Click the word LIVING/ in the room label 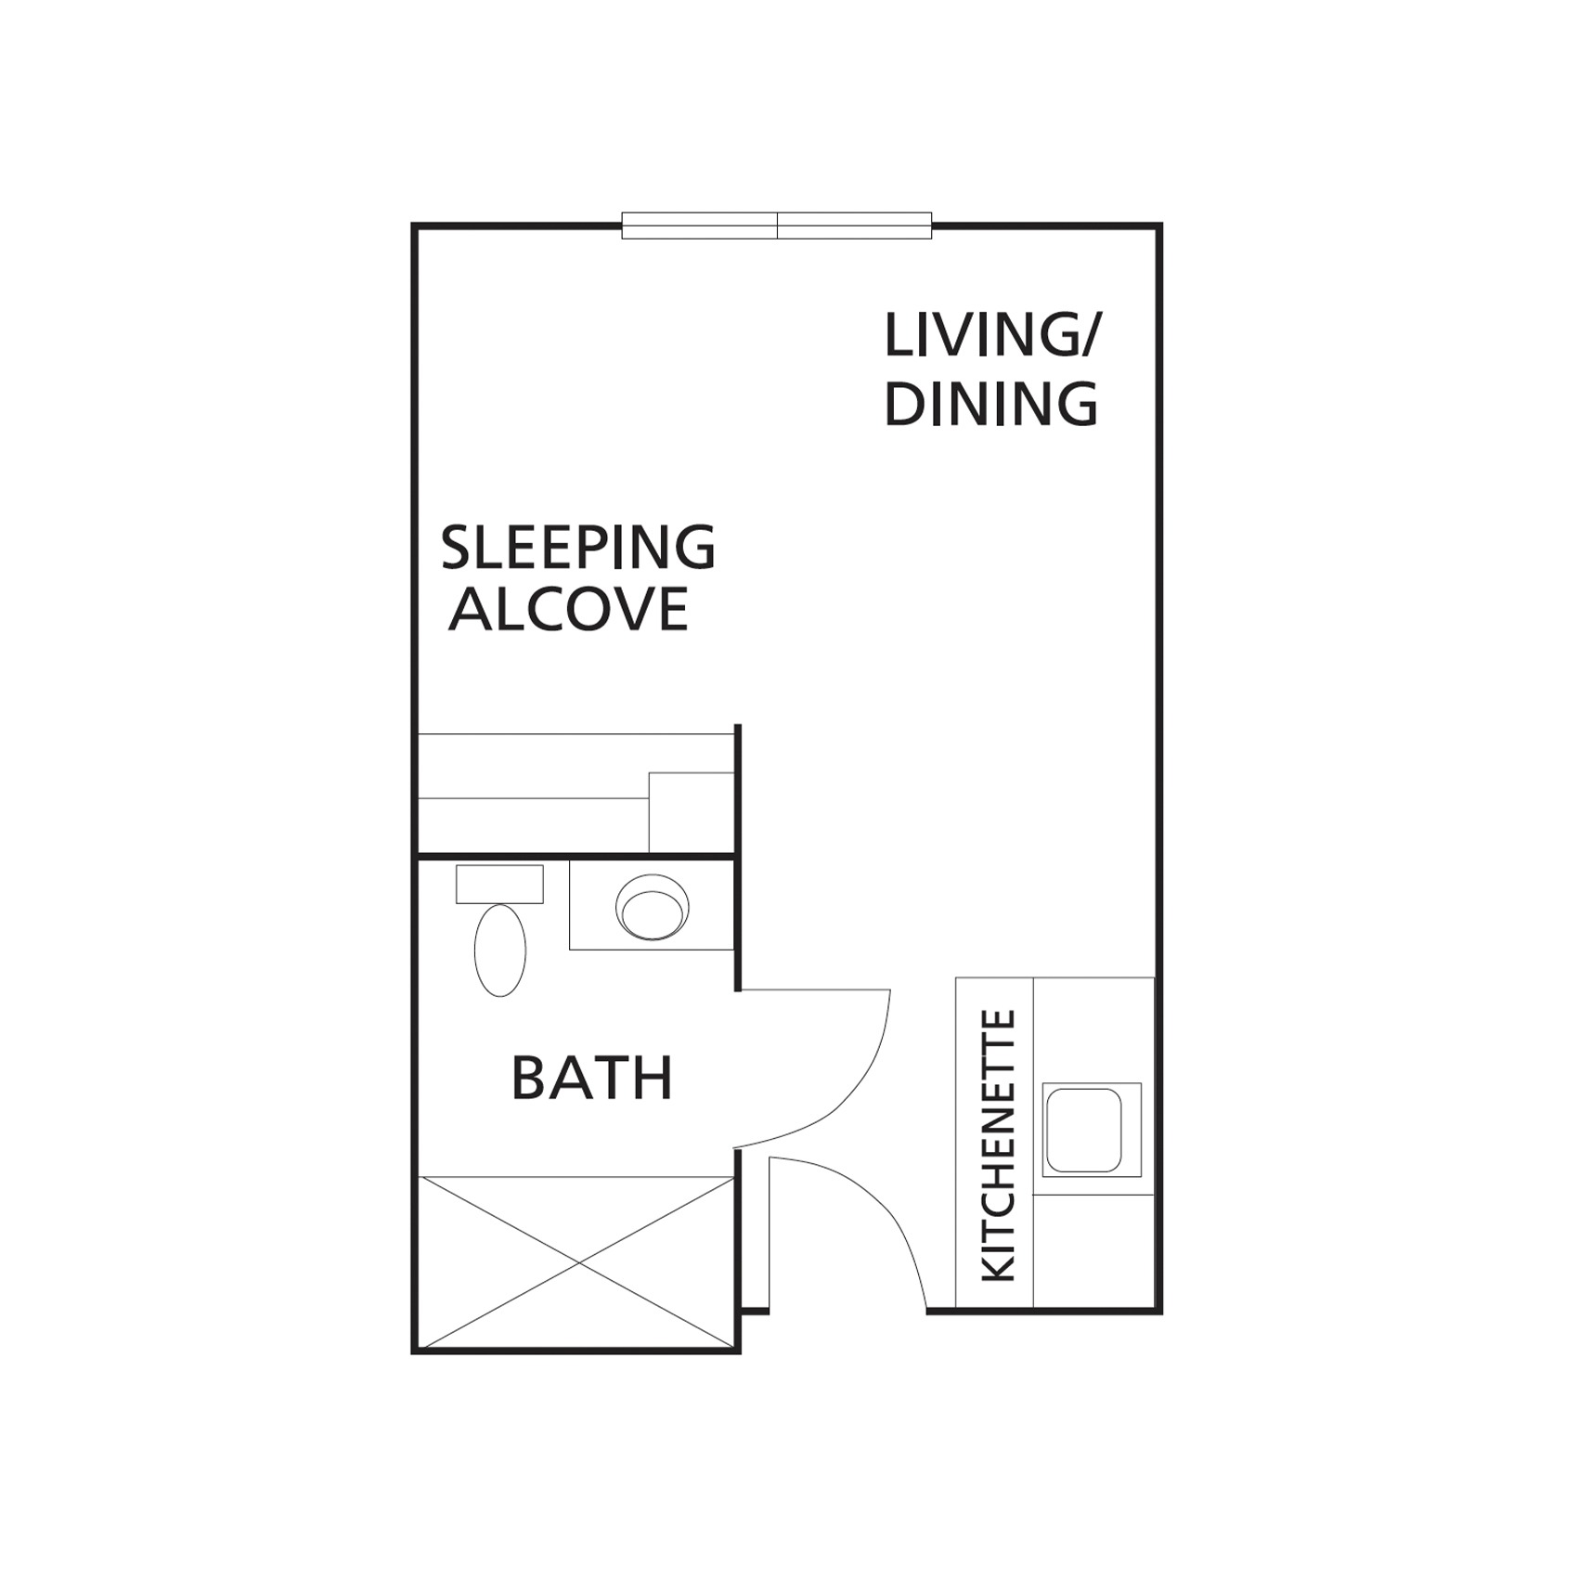pos(990,335)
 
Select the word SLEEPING pos(577,549)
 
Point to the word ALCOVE pos(568,609)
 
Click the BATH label pos(592,1078)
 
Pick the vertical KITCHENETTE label pos(999,1147)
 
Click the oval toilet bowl pos(499,950)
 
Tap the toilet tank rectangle pos(499,884)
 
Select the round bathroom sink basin pos(652,907)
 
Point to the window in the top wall pos(777,226)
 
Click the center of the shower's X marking pos(579,1262)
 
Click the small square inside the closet pos(692,812)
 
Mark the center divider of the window pos(777,226)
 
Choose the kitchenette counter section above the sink pos(1093,1030)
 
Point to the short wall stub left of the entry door pos(755,1311)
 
